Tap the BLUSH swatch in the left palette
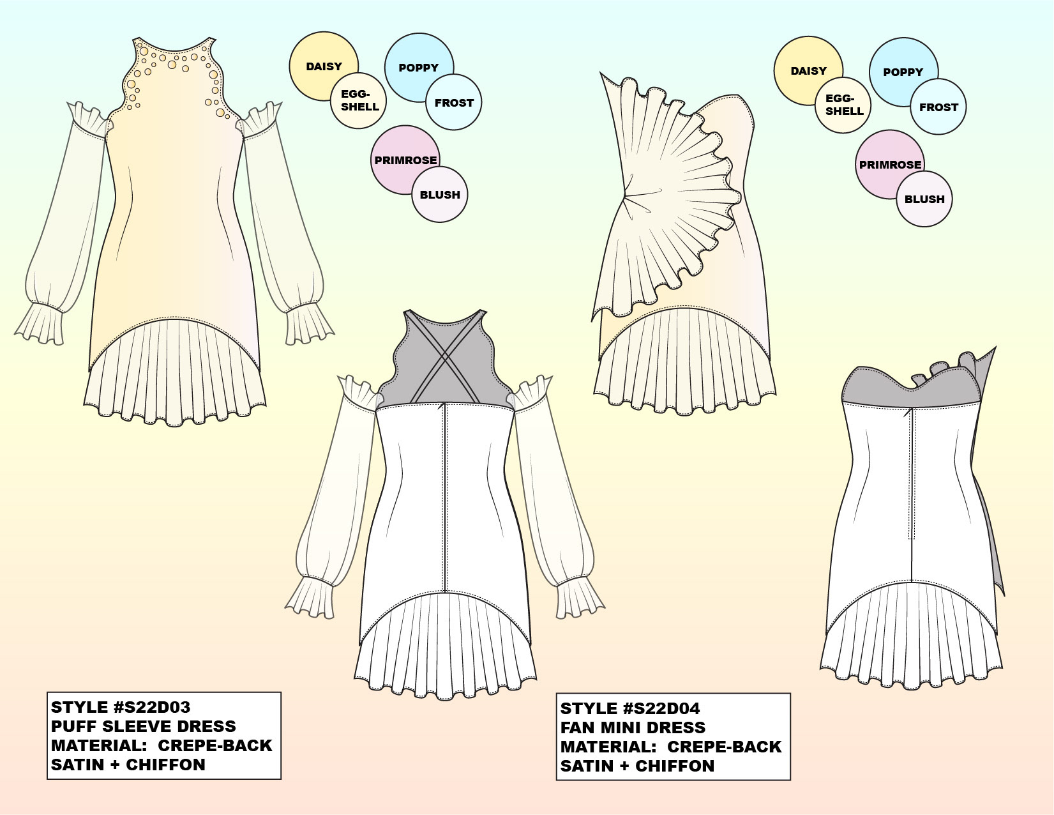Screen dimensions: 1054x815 [440, 195]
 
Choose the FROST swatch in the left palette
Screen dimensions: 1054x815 [454, 103]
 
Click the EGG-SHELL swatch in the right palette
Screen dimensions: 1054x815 [844, 105]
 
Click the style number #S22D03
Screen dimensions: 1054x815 [151, 707]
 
